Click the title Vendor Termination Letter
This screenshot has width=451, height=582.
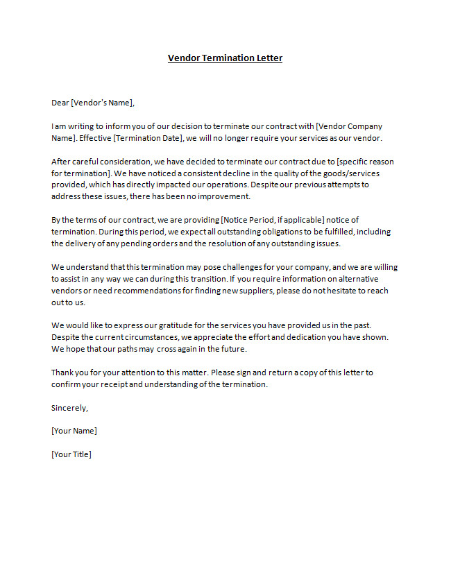tap(225, 58)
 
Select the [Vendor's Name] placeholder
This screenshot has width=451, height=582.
tap(102, 103)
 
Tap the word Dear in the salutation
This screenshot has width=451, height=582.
tap(60, 103)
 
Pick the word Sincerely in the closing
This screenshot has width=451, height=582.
tap(69, 407)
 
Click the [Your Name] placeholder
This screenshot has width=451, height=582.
tap(74, 431)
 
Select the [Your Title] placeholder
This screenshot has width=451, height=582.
tap(71, 454)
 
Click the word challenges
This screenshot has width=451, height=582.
tap(226, 267)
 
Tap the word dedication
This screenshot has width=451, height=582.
tap(321, 337)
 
